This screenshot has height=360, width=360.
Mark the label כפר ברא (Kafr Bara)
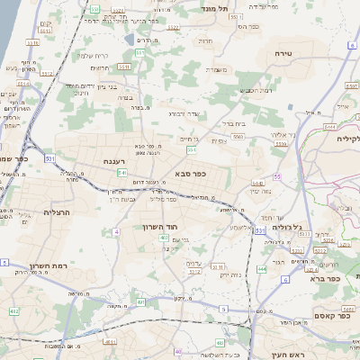tap(324, 280)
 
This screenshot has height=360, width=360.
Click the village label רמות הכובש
tap(256, 90)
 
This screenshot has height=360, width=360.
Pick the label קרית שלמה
tap(93, 56)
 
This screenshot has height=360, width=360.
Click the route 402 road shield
tap(13, 310)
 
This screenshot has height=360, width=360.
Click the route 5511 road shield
tap(34, 42)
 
